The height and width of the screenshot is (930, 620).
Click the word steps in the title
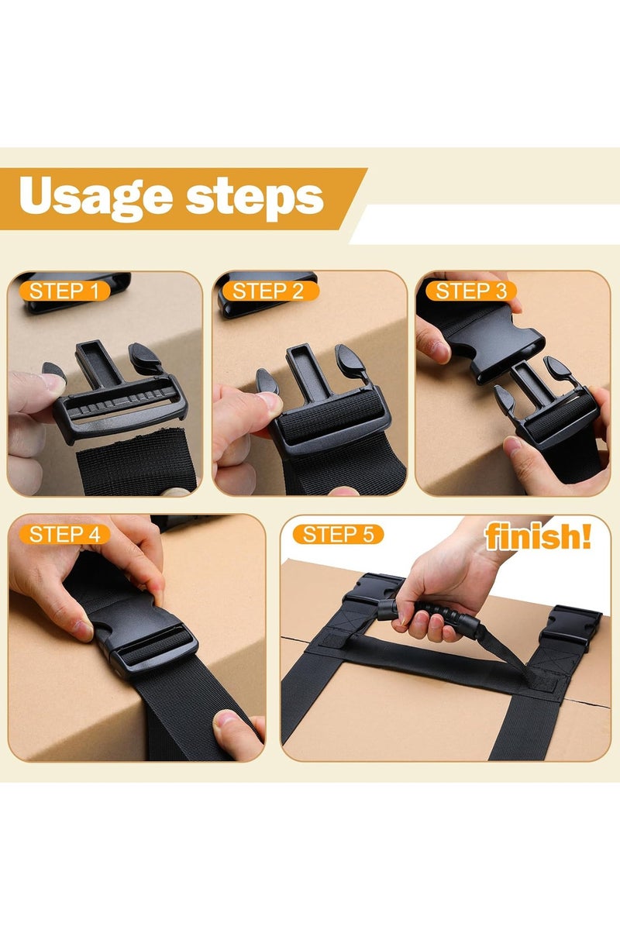tap(256, 198)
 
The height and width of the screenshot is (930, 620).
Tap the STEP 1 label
tap(65, 291)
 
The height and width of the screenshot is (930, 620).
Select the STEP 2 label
tap(268, 291)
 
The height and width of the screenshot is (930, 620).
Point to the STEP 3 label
tap(471, 291)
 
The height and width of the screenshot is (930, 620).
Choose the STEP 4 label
tap(65, 534)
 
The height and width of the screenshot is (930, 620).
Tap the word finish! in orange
tap(538, 537)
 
